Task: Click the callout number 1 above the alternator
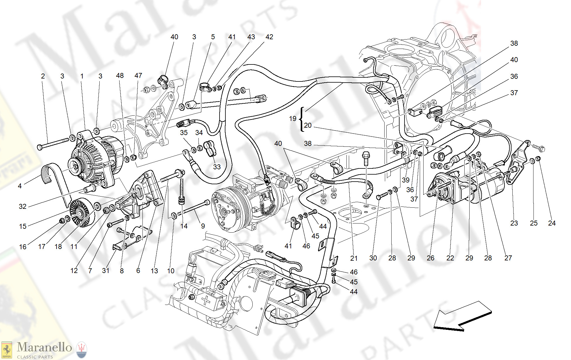coord(82,76)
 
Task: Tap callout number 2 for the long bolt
coord(43,76)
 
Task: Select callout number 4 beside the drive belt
coord(20,186)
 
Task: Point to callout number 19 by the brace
coord(293,119)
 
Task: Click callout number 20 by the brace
coord(308,125)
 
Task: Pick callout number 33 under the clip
coord(217,167)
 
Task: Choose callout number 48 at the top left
coord(120,76)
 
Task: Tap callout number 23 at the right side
coord(514,223)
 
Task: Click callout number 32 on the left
coord(23,207)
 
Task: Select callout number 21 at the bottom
coord(354,258)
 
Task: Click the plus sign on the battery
coord(206,300)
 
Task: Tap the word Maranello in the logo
coord(44,347)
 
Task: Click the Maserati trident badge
coord(81,350)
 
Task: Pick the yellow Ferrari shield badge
coord(6,350)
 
